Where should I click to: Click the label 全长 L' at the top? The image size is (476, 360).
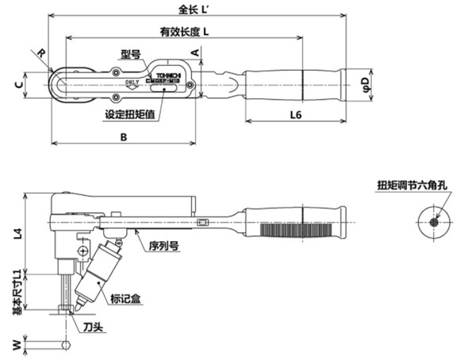coord(196,9)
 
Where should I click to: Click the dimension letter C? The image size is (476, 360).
coord(17,83)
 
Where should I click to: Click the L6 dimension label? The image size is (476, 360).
coord(295,115)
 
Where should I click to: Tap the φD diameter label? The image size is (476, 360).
coord(366,82)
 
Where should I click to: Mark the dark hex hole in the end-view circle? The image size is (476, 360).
coord(433,221)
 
